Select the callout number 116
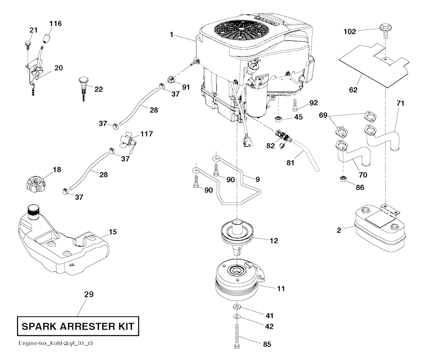55,23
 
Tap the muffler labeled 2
379,228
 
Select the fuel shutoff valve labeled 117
127,141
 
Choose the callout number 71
400,102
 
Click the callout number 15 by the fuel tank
113,232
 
